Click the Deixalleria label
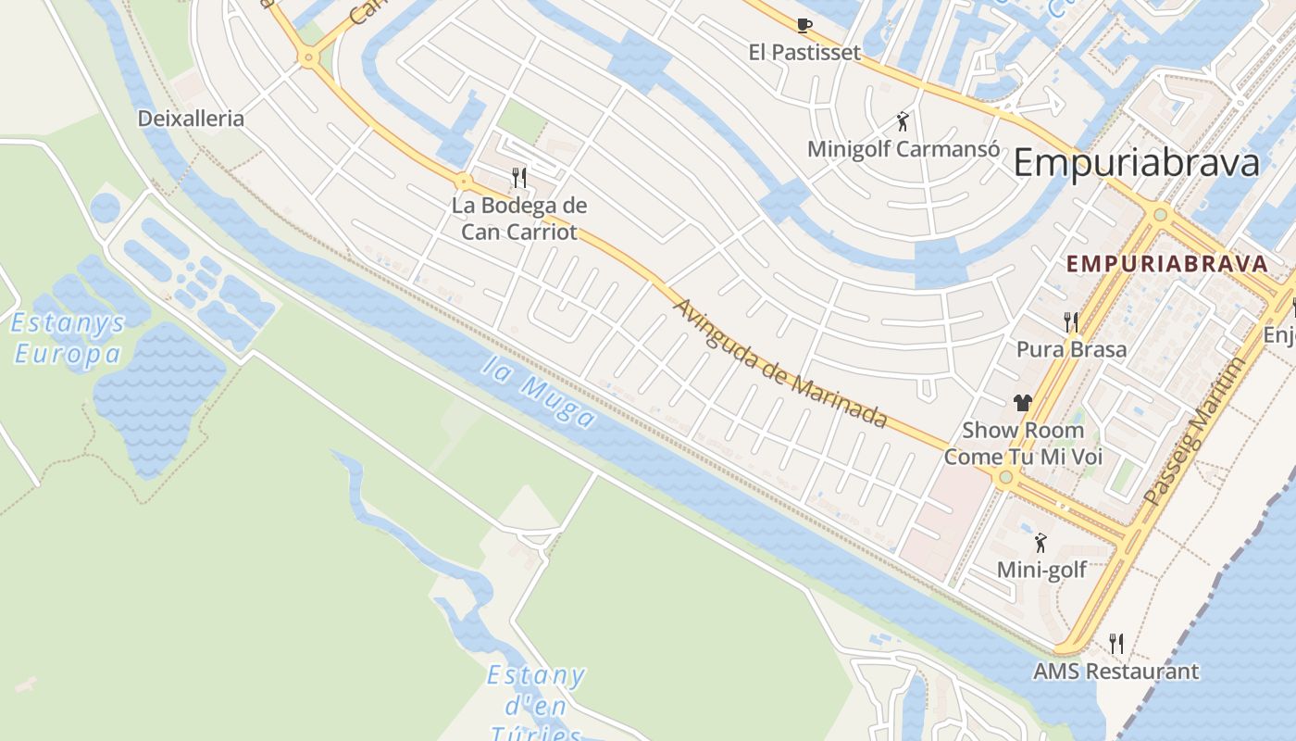(x=191, y=119)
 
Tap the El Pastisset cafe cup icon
(x=804, y=25)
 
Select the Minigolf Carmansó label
(x=903, y=148)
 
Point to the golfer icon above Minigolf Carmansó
(x=903, y=120)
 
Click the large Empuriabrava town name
(x=1137, y=163)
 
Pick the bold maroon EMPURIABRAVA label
(x=1166, y=263)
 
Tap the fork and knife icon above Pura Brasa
(x=1071, y=321)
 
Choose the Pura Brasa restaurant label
(x=1071, y=349)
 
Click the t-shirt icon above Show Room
(x=1022, y=402)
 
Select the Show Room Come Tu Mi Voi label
(x=1023, y=444)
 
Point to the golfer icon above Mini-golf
(x=1041, y=542)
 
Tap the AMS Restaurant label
(x=1115, y=672)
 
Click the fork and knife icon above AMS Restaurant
(x=1116, y=643)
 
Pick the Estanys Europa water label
(x=67, y=338)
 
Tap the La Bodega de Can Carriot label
(x=519, y=219)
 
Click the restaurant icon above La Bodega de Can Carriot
(x=519, y=177)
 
